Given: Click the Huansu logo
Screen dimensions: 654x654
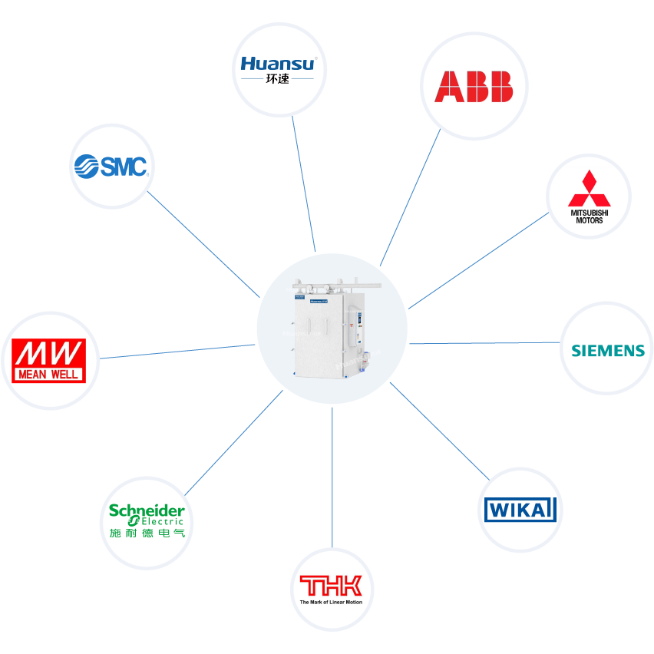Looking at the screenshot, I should (277, 64).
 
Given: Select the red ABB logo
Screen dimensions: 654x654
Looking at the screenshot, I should (474, 87).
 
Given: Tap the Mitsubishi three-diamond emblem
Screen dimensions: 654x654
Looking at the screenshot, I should (589, 187).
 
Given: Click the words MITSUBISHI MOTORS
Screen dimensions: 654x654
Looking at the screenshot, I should (590, 216).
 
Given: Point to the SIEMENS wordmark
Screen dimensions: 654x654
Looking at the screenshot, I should (608, 350).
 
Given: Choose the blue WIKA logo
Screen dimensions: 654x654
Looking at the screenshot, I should (520, 509).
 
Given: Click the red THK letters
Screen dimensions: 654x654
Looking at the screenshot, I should (332, 586).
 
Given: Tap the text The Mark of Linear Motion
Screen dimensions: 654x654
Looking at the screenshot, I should (332, 603).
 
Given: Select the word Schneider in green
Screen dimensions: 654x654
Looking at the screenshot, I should (147, 510).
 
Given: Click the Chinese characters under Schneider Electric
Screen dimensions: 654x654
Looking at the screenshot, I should (147, 533).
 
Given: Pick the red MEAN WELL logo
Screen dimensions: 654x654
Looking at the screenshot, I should (50, 361).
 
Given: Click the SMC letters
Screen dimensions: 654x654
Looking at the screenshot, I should (124, 166).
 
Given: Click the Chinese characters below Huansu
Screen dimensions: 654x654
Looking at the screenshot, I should (277, 79).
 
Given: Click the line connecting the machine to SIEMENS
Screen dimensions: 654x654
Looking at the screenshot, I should (484, 342).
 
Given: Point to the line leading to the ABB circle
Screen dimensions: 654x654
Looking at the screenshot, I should (410, 196).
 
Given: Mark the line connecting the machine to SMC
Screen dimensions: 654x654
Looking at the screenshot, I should (203, 244).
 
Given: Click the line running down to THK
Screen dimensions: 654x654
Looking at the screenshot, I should (332, 476).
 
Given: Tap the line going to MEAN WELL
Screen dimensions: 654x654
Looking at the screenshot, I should (177, 352).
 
